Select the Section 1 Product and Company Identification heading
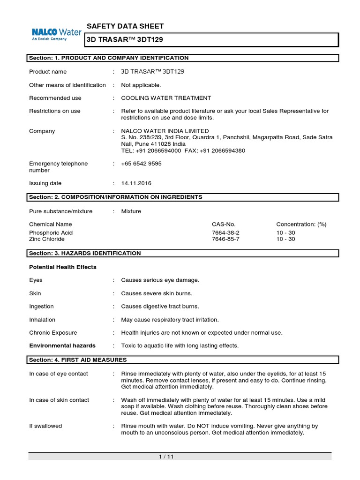point(109,58)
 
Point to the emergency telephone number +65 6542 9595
point(142,164)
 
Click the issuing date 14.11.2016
point(136,183)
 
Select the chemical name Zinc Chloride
point(47,239)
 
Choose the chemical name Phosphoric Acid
point(51,232)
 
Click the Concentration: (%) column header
point(301,225)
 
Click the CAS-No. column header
point(225,225)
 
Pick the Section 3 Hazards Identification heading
point(85,253)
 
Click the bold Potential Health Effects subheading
point(63,267)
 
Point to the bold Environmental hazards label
point(62,345)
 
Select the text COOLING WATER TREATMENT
point(166,98)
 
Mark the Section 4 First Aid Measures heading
point(78,360)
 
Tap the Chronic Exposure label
point(53,332)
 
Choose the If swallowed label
point(45,426)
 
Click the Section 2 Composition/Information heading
point(115,197)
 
